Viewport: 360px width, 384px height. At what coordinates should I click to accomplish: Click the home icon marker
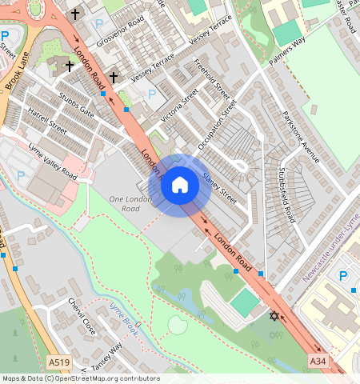coord(180,186)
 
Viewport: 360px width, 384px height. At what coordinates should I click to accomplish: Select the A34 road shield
coord(318,362)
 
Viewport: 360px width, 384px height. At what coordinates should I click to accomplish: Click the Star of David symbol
coord(274,317)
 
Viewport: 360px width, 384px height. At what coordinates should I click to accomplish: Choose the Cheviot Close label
coord(82,318)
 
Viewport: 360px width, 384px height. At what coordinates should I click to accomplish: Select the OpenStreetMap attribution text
coord(80,378)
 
